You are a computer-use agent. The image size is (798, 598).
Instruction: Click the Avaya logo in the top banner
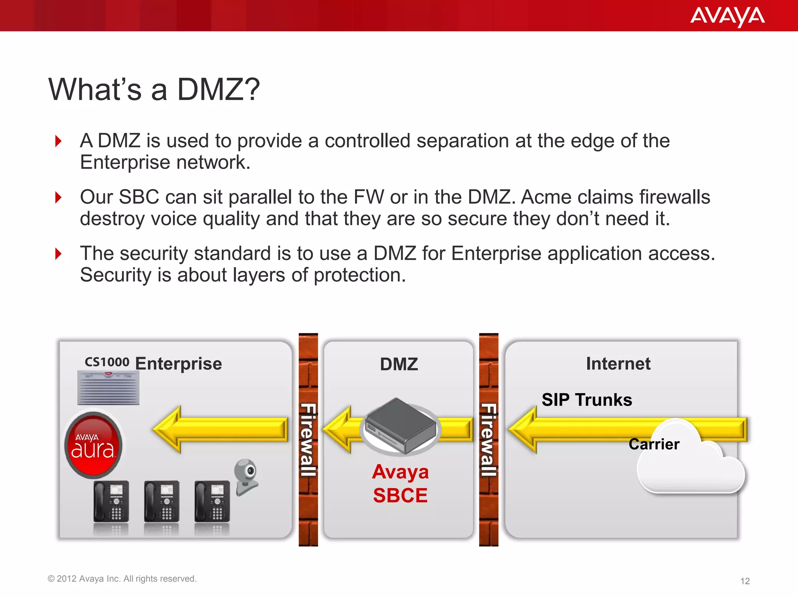coord(727,16)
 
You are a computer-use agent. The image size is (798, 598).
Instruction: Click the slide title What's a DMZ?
coord(154,90)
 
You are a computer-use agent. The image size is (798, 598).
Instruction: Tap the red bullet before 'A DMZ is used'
coord(58,141)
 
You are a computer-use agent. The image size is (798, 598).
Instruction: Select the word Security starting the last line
coord(115,275)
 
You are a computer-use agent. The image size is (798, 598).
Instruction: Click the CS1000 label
coord(107,362)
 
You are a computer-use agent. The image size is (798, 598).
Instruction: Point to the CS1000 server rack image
coord(108,388)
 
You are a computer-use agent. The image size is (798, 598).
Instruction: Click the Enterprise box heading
coord(178,364)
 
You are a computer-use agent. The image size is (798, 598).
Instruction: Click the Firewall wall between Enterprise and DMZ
coord(308,440)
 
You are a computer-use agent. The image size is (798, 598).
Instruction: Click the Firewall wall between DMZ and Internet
coord(489,440)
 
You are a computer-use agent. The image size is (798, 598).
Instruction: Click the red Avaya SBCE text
coord(401,484)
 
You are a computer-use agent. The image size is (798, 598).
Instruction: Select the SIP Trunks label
coord(587,400)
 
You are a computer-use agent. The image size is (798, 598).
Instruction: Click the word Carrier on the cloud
coord(654,444)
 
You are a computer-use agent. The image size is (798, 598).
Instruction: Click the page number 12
coord(745,581)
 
